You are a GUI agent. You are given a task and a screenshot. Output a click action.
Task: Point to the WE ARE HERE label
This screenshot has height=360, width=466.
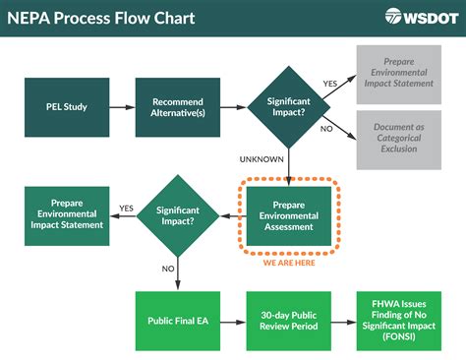click(289, 263)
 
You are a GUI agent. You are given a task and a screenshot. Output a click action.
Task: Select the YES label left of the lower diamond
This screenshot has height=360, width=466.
click(127, 208)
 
